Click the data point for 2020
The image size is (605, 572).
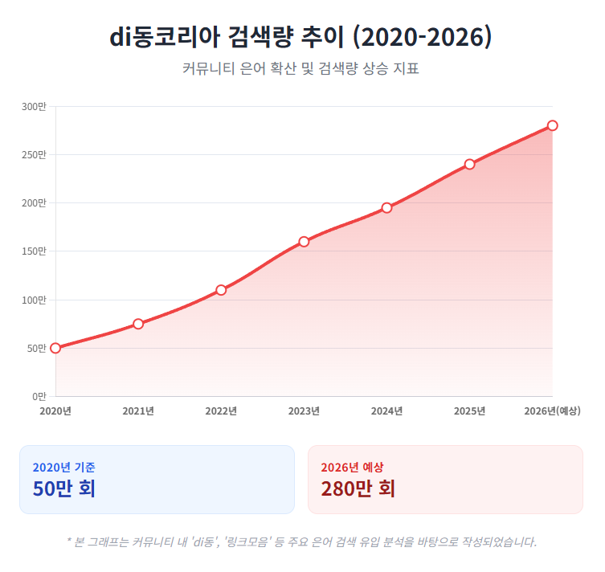coord(55,348)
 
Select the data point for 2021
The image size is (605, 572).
coord(138,324)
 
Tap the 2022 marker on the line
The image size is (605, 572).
coord(221,290)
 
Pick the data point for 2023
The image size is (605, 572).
coord(304,242)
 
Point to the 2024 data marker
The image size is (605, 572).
coord(386,208)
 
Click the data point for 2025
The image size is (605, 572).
coord(469,165)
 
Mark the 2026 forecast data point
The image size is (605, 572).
coord(552,125)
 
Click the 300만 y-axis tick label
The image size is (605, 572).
coord(34,107)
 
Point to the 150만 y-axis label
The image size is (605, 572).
coord(34,251)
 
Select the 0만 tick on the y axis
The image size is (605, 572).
coord(39,396)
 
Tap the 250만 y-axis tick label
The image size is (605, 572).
coord(34,155)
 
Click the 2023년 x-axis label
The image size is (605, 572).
coord(304,411)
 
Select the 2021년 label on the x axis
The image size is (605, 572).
coord(138,411)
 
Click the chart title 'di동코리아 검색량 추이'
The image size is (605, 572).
coord(301,37)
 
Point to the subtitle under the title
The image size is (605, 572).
coord(301,69)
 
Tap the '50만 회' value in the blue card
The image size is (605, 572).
coord(64,488)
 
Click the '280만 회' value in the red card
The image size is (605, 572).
coord(358,488)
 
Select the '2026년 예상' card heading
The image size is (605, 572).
coord(352,467)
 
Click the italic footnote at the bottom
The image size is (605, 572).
coord(301,541)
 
